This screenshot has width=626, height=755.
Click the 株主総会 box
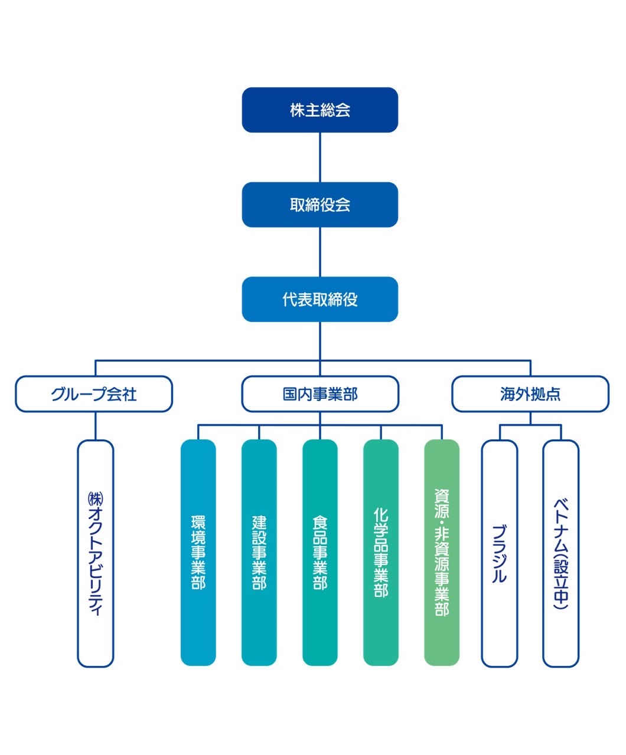pos(319,110)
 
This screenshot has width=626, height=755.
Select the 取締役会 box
pos(319,205)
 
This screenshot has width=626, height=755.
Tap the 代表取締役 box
pos(319,299)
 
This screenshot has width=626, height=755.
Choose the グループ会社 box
pos(94,394)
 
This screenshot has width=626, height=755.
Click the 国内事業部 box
pos(319,394)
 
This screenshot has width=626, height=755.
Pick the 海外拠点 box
pos(530,394)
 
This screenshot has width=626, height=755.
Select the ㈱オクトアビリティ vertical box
pos(95,553)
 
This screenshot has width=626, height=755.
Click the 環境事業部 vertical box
pos(198,553)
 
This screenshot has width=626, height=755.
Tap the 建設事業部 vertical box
pos(259,553)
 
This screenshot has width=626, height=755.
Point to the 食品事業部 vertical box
pos(319,553)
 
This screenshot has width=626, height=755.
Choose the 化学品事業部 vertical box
pos(381,553)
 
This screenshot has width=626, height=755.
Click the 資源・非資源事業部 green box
pos(442,553)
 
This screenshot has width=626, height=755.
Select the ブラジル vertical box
pos(500,553)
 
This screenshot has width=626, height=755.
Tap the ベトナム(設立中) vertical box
pos(560,553)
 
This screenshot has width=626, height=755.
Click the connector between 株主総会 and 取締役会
pos(319,157)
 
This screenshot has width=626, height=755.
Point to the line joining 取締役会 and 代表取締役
pos(319,252)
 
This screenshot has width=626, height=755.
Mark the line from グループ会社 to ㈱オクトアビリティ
pos(95,426)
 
